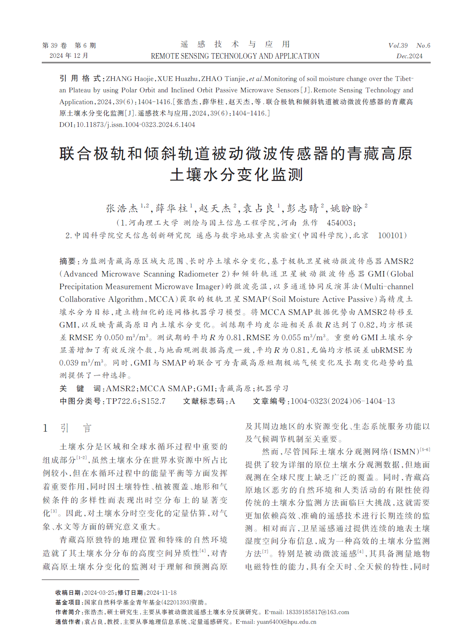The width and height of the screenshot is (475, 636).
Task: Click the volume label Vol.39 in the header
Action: point(398,46)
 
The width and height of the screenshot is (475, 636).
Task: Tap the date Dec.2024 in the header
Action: point(409,56)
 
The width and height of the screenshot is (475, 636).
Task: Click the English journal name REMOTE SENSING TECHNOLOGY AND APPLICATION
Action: point(235,56)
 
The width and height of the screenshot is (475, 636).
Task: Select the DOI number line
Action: point(127,125)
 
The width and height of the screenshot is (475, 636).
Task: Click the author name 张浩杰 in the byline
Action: point(122,208)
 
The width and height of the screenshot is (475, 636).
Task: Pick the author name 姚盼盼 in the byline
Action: point(346,208)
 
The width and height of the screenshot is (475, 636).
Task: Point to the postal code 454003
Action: point(340,223)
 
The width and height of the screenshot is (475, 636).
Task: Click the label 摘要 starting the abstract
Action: point(67,261)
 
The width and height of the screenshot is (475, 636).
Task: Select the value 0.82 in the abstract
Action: point(367,325)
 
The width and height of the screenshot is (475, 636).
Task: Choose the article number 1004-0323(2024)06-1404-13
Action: point(343,401)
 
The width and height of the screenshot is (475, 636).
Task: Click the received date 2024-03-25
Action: point(100,593)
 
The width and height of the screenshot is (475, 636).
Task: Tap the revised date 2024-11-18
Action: point(162,593)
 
